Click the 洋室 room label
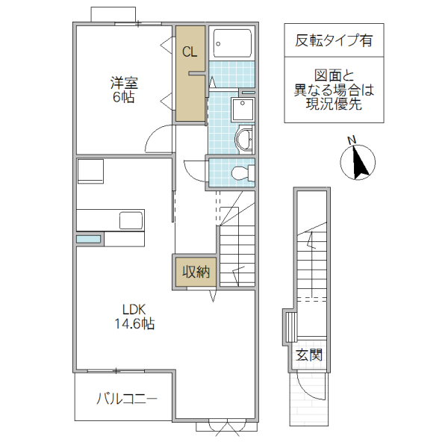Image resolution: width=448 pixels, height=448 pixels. click(124, 84)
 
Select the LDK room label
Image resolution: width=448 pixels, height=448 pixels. click(134, 310)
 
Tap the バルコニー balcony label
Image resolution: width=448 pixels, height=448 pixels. click(126, 399)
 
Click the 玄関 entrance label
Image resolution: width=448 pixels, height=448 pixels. click(308, 355)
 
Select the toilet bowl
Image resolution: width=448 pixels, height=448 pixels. click(240, 174)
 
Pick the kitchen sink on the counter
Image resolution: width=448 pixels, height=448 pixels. click(130, 220)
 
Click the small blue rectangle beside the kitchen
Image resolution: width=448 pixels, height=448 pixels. click(88, 239)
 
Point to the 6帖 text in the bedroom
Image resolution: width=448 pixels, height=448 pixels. click(124, 98)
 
